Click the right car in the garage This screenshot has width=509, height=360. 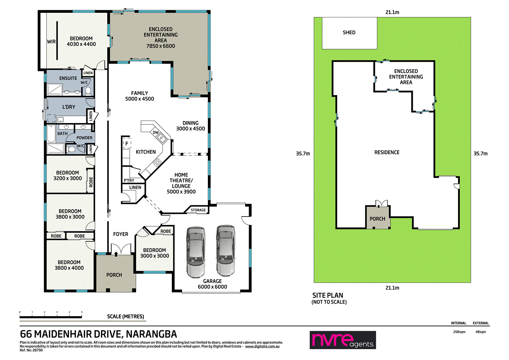[225, 251]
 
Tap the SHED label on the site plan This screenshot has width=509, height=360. [349, 33]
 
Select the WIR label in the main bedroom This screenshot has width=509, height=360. [51, 42]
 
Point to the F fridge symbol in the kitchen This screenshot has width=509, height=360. [126, 144]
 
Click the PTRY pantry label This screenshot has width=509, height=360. [129, 180]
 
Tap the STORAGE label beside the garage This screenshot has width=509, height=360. [198, 210]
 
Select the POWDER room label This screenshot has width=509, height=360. [84, 138]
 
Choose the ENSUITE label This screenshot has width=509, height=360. [68, 79]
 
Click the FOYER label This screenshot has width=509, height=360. [121, 234]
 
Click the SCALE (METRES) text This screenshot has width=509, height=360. [126, 317]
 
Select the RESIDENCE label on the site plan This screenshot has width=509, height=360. [386, 152]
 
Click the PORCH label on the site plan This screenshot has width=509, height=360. [377, 219]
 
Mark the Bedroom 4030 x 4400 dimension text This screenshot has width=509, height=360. [81, 44]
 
